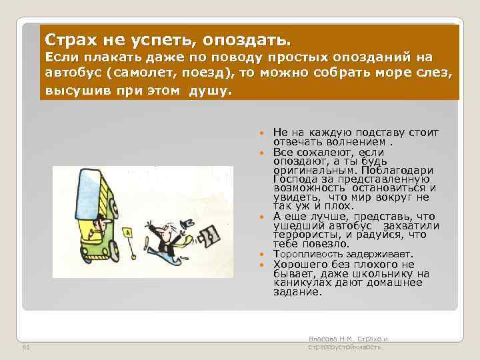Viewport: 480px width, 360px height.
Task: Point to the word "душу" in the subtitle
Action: (210, 90)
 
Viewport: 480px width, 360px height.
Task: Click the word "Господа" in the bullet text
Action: (291, 179)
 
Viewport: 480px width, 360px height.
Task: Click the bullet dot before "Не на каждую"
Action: (261, 133)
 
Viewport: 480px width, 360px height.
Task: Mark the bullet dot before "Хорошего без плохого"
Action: (261, 265)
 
